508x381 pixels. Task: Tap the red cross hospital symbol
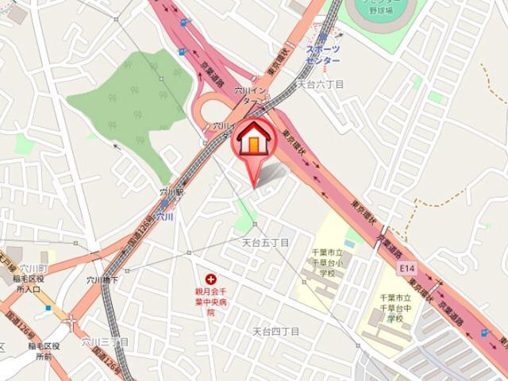pyautogui.click(x=211, y=279)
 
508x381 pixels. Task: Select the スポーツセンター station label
pyautogui.click(x=323, y=55)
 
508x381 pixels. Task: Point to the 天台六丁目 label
pyautogui.click(x=320, y=83)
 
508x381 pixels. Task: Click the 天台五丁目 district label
pyautogui.click(x=265, y=241)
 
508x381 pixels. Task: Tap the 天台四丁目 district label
pyautogui.click(x=275, y=331)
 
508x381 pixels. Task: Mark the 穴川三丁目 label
pyautogui.click(x=104, y=341)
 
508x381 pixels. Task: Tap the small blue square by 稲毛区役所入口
pyautogui.click(x=47, y=308)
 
